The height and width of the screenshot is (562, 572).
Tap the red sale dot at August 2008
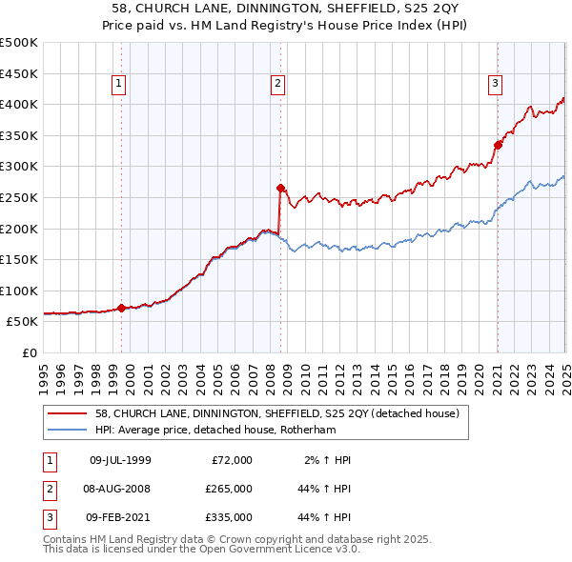point(280,188)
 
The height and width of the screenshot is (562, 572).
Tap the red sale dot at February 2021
point(498,145)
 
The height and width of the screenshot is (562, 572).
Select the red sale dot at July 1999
point(121,308)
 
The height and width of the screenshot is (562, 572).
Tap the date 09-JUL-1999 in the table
point(120,460)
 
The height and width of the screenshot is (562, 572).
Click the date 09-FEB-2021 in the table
point(120,517)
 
